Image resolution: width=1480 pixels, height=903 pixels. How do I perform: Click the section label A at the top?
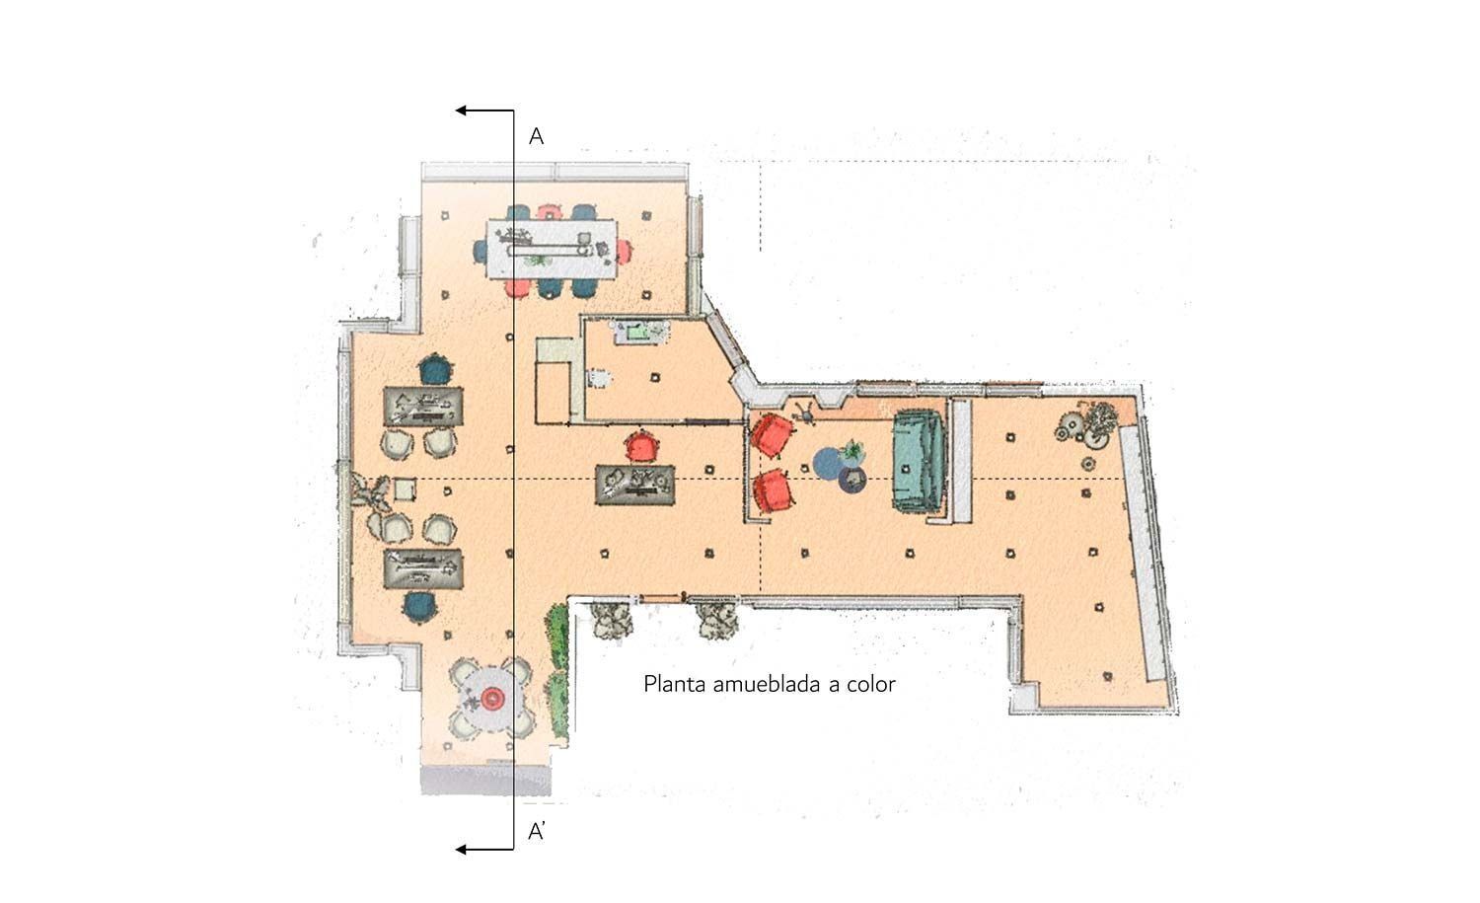(x=536, y=136)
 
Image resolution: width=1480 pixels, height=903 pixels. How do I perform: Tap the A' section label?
(x=538, y=832)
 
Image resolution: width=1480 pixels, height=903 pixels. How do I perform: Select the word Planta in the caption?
(x=675, y=684)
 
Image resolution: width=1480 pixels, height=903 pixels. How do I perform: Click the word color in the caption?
(x=868, y=684)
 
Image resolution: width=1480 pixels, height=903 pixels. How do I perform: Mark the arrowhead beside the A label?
(x=461, y=112)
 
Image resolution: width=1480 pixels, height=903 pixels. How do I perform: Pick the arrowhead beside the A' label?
(x=461, y=849)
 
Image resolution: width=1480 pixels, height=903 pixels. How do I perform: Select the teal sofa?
(x=919, y=461)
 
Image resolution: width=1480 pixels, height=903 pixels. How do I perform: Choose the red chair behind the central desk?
(x=642, y=447)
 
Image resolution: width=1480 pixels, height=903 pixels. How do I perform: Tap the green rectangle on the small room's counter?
(x=633, y=332)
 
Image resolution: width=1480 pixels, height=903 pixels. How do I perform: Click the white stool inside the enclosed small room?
(x=598, y=377)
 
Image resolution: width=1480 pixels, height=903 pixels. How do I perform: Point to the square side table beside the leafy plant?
(x=405, y=488)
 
